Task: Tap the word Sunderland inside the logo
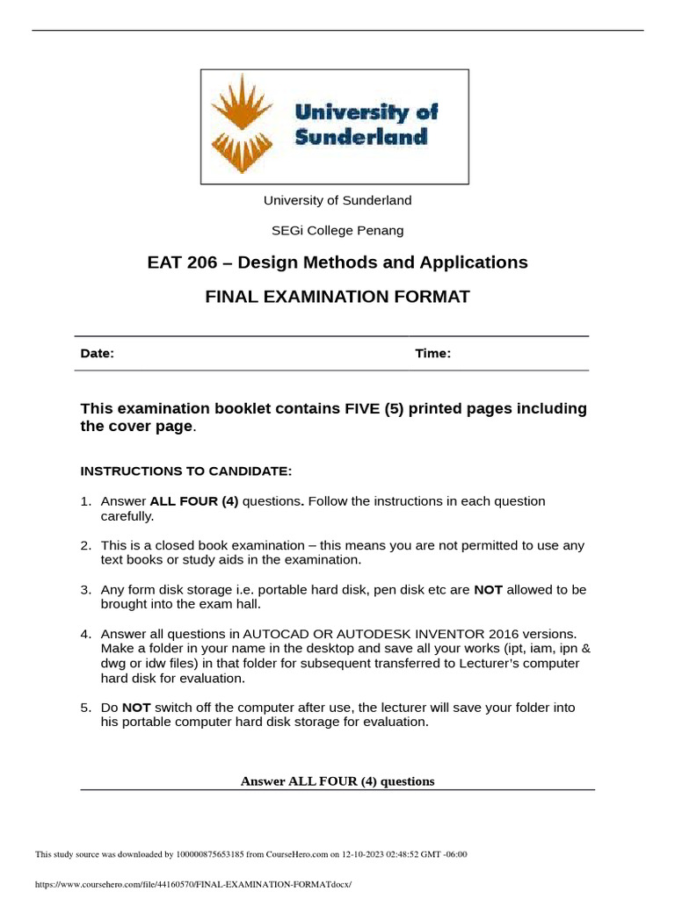pos(360,137)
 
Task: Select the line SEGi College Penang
pos(337,231)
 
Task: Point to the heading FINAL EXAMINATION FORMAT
pos(337,297)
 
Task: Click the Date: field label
pos(97,354)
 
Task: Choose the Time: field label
pos(432,354)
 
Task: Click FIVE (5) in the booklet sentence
pos(343,409)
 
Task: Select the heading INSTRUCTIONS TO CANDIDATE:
pos(185,471)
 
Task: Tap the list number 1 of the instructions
pos(85,501)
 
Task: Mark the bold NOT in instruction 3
pos(488,590)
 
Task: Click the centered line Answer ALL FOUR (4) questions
pos(337,781)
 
